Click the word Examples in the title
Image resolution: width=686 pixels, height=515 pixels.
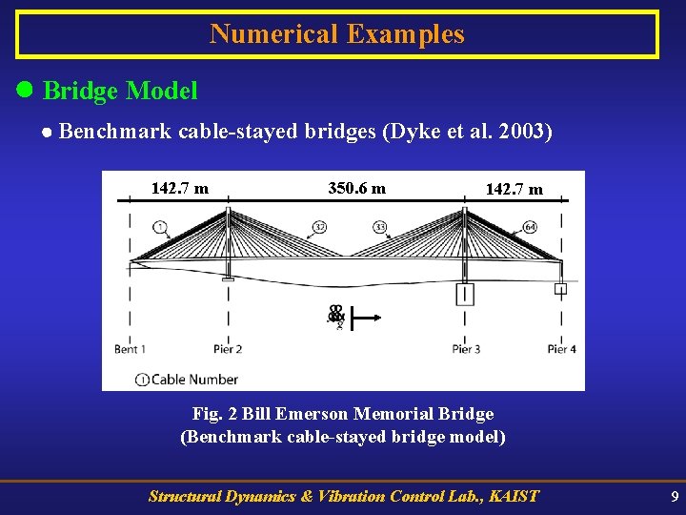(x=405, y=34)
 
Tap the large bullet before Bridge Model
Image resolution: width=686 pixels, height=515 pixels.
(x=27, y=91)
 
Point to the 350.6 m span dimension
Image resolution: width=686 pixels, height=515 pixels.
(x=356, y=188)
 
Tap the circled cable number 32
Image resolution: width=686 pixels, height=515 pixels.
(x=319, y=228)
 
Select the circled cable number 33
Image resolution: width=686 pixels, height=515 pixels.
(x=379, y=228)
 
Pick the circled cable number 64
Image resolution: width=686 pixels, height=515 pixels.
(x=529, y=228)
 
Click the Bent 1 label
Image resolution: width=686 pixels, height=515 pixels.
(x=130, y=349)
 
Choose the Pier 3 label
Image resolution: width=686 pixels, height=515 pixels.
(x=466, y=349)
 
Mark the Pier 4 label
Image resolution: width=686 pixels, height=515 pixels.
(x=561, y=349)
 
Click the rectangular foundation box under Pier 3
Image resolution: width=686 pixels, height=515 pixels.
(x=465, y=293)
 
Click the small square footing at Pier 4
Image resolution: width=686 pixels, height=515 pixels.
(x=561, y=288)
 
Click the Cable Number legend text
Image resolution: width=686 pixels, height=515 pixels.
(x=194, y=379)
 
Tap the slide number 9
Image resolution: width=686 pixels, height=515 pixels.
(x=675, y=496)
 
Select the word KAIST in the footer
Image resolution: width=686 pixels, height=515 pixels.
(x=513, y=496)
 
